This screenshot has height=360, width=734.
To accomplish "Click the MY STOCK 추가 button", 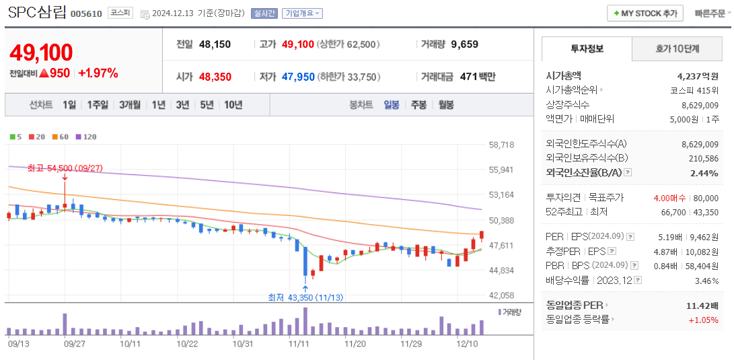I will [645, 13].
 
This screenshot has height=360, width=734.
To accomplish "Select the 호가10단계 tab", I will [677, 48].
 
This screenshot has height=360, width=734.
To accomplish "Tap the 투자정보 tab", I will [587, 48].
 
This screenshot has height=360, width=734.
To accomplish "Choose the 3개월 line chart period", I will [130, 104].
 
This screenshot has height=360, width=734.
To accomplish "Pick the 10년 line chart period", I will [233, 104].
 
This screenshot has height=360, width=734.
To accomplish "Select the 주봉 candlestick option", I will [418, 104].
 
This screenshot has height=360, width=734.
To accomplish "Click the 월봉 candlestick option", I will [445, 104].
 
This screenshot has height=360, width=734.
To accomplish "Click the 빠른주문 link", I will [710, 13].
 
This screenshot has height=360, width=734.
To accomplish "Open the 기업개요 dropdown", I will [302, 13].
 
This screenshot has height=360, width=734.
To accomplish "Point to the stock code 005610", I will [86, 13].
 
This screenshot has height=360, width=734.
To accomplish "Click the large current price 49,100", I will [41, 52].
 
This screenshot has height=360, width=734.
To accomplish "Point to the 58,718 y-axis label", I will [501, 145].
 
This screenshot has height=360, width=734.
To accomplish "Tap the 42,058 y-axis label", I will [501, 295].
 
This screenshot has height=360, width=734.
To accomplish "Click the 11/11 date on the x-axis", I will [298, 343].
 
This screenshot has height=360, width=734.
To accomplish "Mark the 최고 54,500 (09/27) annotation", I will [65, 168].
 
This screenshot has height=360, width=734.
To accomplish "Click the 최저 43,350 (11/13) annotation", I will [305, 297].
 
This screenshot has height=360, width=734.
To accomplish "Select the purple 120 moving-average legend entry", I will [86, 137].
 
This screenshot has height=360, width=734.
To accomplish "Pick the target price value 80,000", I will [705, 198].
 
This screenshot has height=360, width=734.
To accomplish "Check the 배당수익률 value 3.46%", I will [706, 280].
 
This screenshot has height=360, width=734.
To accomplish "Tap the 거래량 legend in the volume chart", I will [510, 312].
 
